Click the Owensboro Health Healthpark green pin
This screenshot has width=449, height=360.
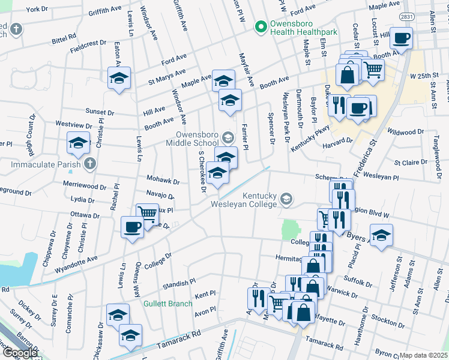pyautogui.click(x=261, y=26)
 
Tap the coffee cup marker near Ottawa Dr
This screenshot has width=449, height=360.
pyautogui.click(x=132, y=227)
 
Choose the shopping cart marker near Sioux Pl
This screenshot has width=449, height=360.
pyautogui.click(x=147, y=212)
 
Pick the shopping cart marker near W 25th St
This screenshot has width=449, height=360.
pyautogui.click(x=373, y=69)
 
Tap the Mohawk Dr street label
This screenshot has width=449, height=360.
pyautogui.click(x=163, y=180)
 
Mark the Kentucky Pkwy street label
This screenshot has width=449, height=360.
pyautogui.click(x=310, y=137)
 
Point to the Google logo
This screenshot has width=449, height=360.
pyautogui.click(x=20, y=353)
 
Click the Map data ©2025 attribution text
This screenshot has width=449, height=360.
pyautogui.click(x=424, y=355)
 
